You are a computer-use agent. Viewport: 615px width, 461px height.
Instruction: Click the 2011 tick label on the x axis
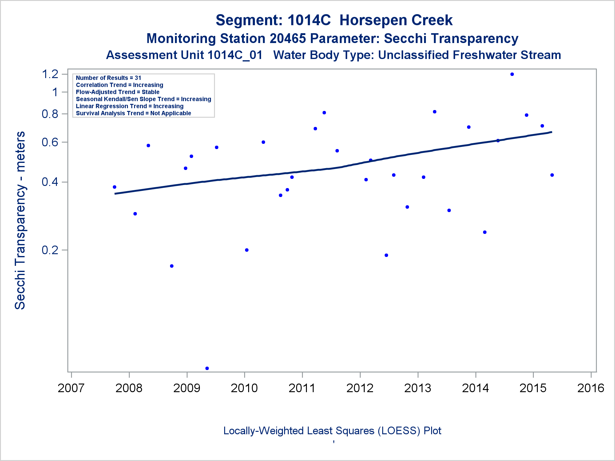pyautogui.click(x=302, y=388)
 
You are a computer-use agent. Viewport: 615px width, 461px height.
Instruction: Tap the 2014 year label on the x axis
pyautogui.click(x=475, y=388)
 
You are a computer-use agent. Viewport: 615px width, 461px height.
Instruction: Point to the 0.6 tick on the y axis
pyautogui.click(x=50, y=142)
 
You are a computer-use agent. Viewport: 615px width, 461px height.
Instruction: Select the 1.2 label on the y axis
pyautogui.click(x=50, y=74)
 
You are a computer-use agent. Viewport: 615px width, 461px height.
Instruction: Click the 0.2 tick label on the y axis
pyautogui.click(x=50, y=250)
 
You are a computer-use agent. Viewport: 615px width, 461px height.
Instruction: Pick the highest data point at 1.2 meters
pyautogui.click(x=512, y=74)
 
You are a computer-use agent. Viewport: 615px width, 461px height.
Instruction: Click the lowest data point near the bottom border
pyautogui.click(x=207, y=368)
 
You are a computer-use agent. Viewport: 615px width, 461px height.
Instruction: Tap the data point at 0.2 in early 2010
pyautogui.click(x=247, y=250)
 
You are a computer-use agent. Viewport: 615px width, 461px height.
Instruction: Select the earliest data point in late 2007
pyautogui.click(x=114, y=187)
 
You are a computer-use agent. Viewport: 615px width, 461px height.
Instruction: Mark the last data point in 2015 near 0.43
pyautogui.click(x=552, y=175)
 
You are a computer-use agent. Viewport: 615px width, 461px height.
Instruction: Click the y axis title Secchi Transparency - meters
pyautogui.click(x=20, y=220)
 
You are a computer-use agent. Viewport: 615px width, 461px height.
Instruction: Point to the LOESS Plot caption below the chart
pyautogui.click(x=332, y=431)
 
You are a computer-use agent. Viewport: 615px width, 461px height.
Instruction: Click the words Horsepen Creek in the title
pyautogui.click(x=396, y=21)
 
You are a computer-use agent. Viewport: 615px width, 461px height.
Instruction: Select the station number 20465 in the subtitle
pyautogui.click(x=288, y=39)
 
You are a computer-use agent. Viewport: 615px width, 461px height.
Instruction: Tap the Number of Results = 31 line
pyautogui.click(x=108, y=78)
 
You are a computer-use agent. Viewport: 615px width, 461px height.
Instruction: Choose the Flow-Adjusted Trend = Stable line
pyautogui.click(x=117, y=92)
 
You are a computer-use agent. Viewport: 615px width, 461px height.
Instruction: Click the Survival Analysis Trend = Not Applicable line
pyautogui.click(x=133, y=113)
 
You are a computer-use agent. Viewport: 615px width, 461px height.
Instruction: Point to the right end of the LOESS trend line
pyautogui.click(x=551, y=132)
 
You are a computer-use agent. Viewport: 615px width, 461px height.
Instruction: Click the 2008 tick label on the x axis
pyautogui.click(x=129, y=388)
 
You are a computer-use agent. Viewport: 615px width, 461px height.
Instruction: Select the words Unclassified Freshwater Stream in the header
pyautogui.click(x=469, y=55)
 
